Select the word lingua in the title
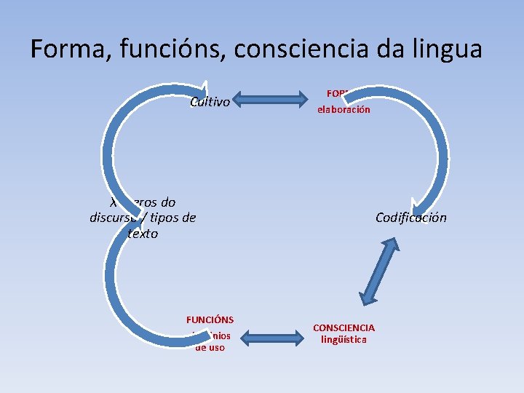(445, 49)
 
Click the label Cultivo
(210, 102)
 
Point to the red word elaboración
(343, 109)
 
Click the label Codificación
(411, 217)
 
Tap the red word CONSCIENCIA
(344, 328)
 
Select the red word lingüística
(344, 339)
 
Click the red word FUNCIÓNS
(210, 319)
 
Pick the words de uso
(210, 347)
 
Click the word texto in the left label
(143, 234)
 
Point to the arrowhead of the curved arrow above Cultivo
(206, 90)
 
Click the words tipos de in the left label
(175, 217)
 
